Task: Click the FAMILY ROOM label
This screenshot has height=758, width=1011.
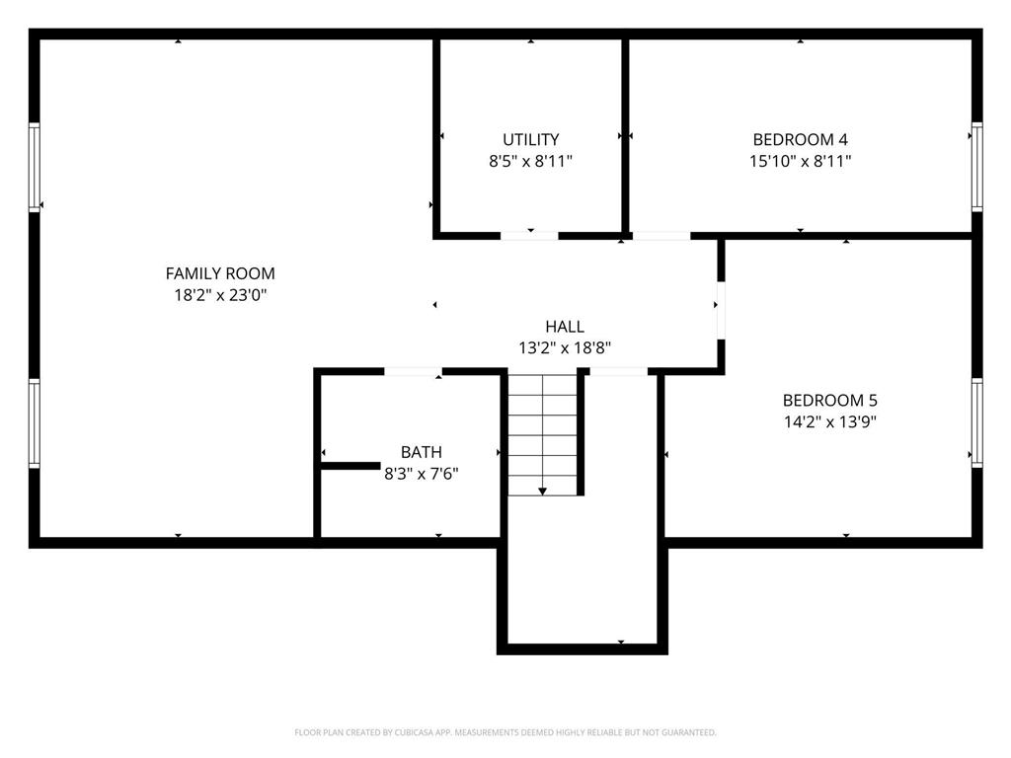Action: [x=220, y=273]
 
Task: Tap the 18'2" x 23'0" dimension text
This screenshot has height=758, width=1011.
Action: [x=220, y=294]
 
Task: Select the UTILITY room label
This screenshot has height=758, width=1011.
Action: [x=530, y=139]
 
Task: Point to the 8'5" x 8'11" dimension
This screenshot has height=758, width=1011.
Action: [x=530, y=160]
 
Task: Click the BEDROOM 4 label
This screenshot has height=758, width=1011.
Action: [x=800, y=139]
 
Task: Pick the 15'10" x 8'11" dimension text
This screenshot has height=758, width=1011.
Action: [x=800, y=160]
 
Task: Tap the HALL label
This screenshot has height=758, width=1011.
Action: [x=565, y=326]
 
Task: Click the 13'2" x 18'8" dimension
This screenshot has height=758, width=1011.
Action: [x=565, y=347]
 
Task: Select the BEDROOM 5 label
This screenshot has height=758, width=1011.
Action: [x=829, y=400]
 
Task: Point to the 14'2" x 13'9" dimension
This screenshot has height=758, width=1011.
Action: [x=829, y=421]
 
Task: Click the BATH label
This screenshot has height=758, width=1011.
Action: [x=421, y=452]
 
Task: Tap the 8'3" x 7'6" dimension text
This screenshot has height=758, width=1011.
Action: [x=421, y=474]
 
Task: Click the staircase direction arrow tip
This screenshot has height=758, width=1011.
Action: [x=542, y=492]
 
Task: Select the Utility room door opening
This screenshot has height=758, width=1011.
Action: [x=529, y=236]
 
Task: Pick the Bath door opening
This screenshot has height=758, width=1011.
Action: [x=413, y=371]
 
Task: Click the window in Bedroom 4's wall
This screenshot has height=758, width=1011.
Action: [x=976, y=166]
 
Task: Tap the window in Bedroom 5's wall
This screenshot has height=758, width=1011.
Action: [x=976, y=422]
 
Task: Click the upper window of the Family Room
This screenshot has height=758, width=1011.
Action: [x=35, y=166]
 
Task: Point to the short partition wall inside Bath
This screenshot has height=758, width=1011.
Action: [x=350, y=464]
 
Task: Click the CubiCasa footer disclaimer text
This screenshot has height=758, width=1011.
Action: [x=505, y=732]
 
